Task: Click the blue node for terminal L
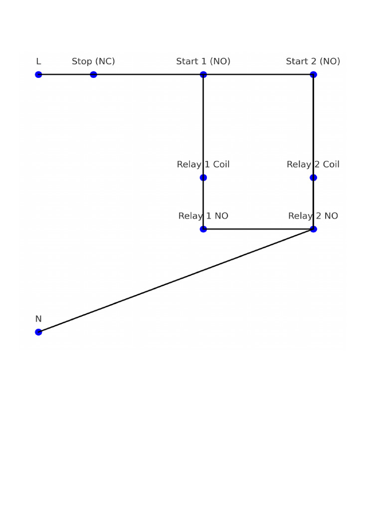[38, 75]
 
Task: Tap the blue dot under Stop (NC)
[93, 75]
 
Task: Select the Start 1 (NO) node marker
[203, 75]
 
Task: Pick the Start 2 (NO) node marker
[313, 75]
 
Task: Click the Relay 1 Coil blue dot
[203, 178]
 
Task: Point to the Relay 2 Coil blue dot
[313, 178]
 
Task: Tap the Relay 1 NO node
[203, 229]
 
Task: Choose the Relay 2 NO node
[313, 229]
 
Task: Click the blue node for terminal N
[38, 332]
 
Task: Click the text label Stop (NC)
[93, 61]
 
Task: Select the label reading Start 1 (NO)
[203, 61]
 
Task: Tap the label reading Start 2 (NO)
[313, 61]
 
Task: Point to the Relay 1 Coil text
[203, 164]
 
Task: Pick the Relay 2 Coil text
[313, 164]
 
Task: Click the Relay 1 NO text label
[203, 216]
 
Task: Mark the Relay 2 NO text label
[313, 216]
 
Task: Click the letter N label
[38, 319]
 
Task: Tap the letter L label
[38, 61]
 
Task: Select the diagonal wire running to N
[176, 280]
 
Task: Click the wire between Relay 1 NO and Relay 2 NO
[258, 229]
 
